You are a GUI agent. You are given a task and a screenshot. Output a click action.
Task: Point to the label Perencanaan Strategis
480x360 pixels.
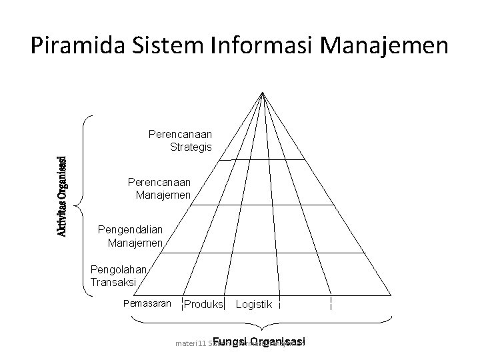pos(180,141)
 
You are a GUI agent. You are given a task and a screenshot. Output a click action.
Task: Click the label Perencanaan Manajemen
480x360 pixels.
pos(160,189)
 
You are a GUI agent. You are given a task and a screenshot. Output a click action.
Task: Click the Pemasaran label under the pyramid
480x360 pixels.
pos(143,304)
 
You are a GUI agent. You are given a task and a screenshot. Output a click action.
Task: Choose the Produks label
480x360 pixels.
pos(203,305)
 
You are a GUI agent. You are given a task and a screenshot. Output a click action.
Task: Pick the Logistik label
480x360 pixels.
pos(254,305)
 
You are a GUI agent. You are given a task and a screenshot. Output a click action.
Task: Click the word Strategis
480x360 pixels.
pos(191,147)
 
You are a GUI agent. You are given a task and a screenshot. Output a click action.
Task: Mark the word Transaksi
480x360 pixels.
pos(113,282)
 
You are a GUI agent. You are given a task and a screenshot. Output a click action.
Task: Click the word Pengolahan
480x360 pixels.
pos(118,270)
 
